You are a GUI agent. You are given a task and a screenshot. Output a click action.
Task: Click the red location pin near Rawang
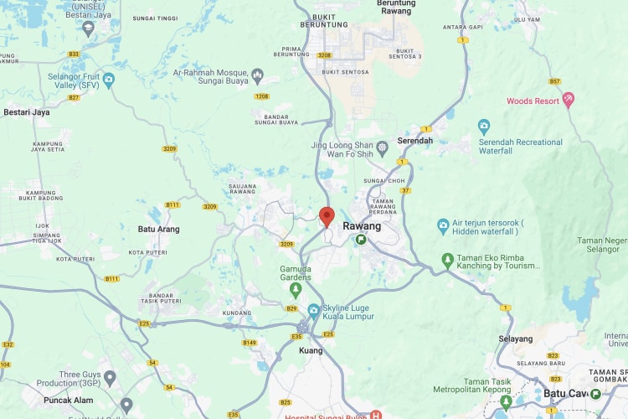click(x=327, y=215)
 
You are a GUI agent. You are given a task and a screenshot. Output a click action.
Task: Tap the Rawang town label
click(x=362, y=226)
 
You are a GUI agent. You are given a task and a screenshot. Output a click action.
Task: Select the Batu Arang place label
click(x=158, y=229)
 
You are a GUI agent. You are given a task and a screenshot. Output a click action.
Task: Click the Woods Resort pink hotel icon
click(x=569, y=101)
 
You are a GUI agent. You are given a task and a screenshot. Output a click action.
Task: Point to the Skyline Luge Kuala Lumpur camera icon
click(x=313, y=311)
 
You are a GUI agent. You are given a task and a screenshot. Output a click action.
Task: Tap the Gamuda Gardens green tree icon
click(x=295, y=289)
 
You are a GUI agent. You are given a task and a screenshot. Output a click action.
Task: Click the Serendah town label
click(x=415, y=140)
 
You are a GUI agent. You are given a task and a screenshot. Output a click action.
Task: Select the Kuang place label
click(x=311, y=350)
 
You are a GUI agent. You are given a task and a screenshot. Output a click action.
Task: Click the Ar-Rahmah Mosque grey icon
click(x=258, y=77)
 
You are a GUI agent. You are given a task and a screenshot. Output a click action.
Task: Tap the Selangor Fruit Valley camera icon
click(x=108, y=79)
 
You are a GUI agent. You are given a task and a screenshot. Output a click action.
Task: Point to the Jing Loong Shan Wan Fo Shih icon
click(x=382, y=147)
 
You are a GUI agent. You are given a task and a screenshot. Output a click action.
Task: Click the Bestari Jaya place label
click(x=27, y=111)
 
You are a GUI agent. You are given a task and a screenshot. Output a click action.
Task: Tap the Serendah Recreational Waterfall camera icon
click(x=484, y=127)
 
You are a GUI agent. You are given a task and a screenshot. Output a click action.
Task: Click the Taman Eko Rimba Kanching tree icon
click(x=448, y=261)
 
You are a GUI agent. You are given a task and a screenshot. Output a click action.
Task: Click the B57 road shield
click(x=555, y=81)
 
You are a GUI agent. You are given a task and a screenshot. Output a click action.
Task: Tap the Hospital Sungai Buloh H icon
click(x=376, y=415)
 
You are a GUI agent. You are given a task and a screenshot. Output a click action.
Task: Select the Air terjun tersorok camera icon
click(x=443, y=226)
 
